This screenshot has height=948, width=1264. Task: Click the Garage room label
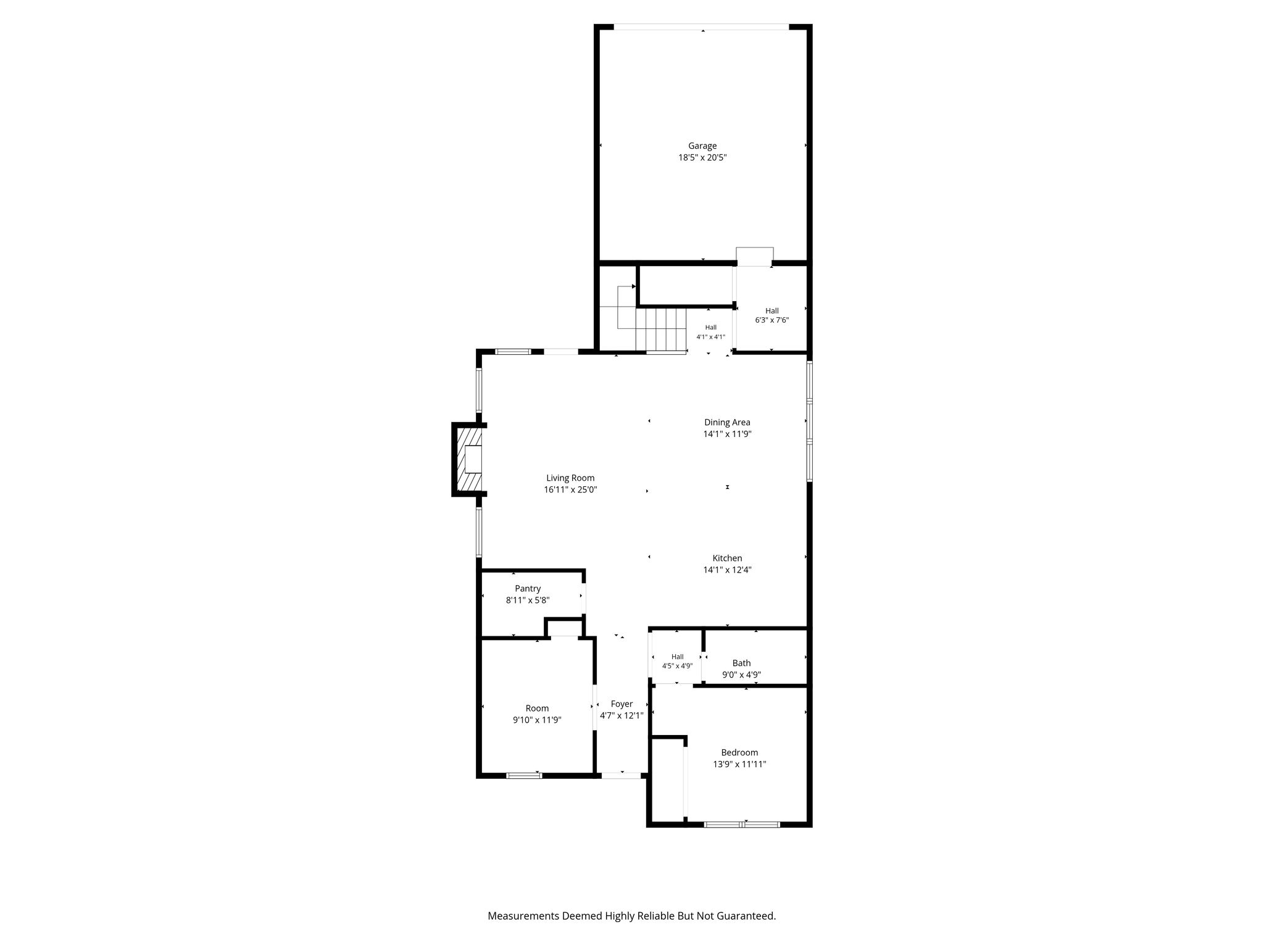[702, 146]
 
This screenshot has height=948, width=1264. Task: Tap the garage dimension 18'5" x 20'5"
[702, 158]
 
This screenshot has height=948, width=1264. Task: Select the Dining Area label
[727, 423]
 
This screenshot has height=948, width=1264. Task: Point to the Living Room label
[570, 478]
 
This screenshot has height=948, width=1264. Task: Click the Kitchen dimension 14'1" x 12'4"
[727, 570]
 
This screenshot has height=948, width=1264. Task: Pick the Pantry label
[528, 589]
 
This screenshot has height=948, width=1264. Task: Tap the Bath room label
[741, 663]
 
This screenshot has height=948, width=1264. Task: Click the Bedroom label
[739, 753]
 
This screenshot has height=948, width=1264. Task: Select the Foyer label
[622, 704]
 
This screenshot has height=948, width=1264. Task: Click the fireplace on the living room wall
[468, 459]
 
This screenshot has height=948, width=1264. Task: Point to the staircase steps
[661, 329]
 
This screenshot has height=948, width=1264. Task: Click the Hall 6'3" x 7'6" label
[772, 315]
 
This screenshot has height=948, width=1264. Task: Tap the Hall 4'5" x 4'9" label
[678, 662]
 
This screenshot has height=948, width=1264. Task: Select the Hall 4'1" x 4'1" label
[711, 332]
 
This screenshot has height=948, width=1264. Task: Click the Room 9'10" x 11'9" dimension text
[537, 720]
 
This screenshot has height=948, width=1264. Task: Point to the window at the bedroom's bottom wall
[742, 824]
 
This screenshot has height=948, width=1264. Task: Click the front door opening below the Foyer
[622, 775]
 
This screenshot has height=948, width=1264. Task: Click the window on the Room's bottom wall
[524, 775]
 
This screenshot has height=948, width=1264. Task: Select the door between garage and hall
[755, 257]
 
